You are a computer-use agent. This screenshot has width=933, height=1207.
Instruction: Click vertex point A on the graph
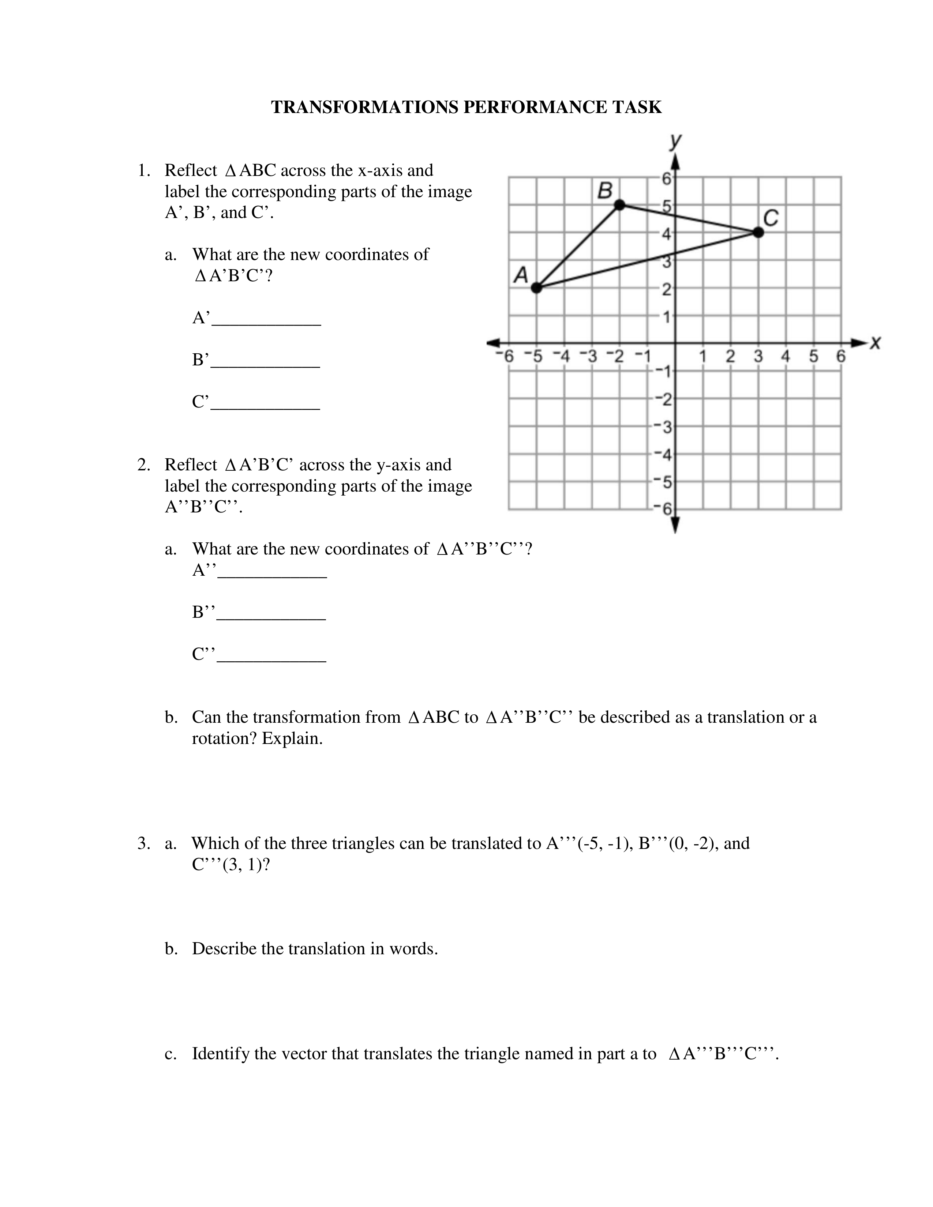[x=536, y=287]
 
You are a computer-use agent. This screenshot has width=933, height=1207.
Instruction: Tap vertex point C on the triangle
[x=758, y=233]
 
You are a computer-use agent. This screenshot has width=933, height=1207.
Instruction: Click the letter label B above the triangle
[x=605, y=191]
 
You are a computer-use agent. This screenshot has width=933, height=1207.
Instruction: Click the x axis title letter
[x=875, y=343]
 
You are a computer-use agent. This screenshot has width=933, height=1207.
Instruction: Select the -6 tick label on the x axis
[x=505, y=357]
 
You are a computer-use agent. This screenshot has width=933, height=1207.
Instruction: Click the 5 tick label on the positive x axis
[x=814, y=357]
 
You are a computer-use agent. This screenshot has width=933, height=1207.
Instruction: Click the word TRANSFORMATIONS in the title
[x=365, y=107]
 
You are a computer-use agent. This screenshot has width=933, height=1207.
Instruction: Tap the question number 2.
[x=143, y=465]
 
